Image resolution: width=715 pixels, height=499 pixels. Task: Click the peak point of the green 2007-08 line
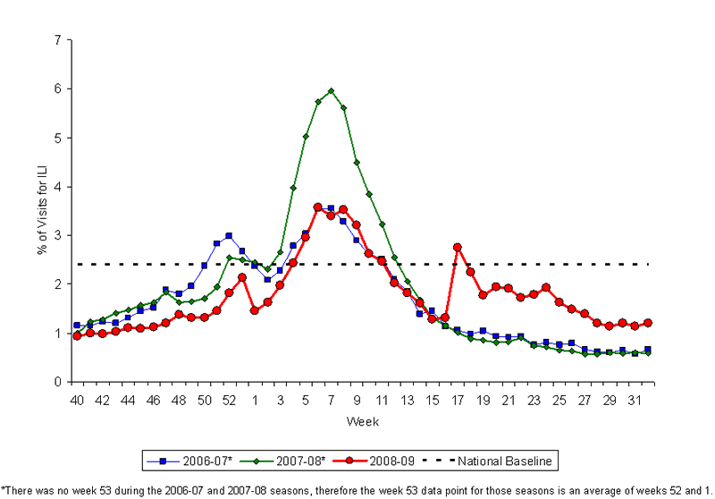point(331,90)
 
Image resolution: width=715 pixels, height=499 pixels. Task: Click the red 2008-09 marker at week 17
point(458,247)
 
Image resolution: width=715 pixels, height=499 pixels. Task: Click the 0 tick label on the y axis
point(57,382)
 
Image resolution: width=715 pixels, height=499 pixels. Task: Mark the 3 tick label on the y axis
point(57,235)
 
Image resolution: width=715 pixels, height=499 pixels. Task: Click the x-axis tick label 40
point(77,399)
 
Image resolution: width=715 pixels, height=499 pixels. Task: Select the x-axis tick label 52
point(229,399)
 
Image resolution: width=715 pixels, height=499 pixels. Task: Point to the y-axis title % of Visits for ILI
point(41,210)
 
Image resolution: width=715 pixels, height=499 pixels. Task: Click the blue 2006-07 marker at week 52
point(229,235)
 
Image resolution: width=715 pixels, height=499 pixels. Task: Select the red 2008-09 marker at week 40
point(77,335)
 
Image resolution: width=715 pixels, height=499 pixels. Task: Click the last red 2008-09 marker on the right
point(648,323)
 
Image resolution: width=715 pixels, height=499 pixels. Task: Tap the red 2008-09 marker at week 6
point(318,207)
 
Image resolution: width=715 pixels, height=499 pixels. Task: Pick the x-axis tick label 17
point(458,399)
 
